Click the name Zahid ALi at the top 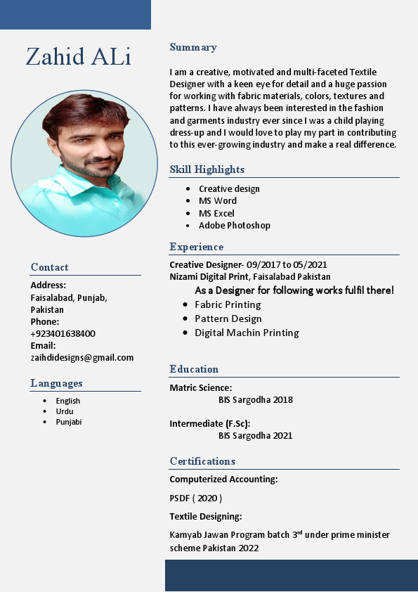(79, 56)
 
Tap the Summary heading (193, 47)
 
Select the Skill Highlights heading (207, 169)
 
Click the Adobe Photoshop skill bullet (234, 226)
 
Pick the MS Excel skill (216, 213)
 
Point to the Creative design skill (229, 188)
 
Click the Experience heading (196, 247)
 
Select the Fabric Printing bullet (228, 304)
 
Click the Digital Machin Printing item (247, 333)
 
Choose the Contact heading (49, 267)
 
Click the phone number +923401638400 (63, 333)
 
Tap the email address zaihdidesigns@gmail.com (81, 357)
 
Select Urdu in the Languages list (65, 411)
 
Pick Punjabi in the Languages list (69, 422)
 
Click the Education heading (194, 369)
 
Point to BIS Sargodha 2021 (255, 436)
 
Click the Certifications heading (202, 461)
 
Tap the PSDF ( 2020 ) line (195, 498)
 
